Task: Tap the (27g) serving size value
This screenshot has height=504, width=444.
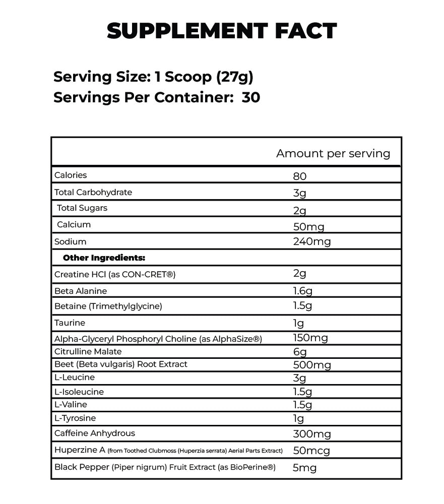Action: (x=234, y=77)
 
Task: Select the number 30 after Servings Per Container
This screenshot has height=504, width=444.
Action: (x=251, y=97)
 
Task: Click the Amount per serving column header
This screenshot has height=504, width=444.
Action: (x=333, y=154)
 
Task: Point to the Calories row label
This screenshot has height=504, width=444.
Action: (x=71, y=175)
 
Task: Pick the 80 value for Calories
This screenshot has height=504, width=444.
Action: (x=300, y=176)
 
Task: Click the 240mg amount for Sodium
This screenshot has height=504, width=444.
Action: (x=312, y=242)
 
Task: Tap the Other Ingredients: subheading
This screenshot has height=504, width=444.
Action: (x=104, y=258)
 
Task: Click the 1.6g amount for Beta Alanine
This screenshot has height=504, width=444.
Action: (x=303, y=291)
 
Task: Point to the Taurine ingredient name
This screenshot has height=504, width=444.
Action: (x=70, y=323)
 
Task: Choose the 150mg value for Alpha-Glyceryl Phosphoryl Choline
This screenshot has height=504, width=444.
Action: (x=310, y=338)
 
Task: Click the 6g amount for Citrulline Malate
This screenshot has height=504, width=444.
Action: (x=300, y=352)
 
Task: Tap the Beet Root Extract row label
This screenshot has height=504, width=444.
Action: (x=120, y=364)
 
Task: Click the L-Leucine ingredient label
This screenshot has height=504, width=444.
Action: (x=75, y=377)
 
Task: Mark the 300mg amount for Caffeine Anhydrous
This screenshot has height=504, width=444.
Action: (x=312, y=434)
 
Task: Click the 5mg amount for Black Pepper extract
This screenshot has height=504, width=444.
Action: (x=305, y=468)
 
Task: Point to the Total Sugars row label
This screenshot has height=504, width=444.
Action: (x=82, y=208)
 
